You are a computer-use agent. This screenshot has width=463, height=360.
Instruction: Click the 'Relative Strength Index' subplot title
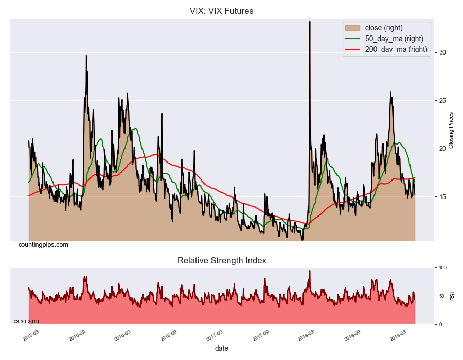tap(222, 260)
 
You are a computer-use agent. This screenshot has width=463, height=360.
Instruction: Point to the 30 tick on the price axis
tap(442, 52)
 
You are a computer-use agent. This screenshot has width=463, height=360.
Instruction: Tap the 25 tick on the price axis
tap(442, 101)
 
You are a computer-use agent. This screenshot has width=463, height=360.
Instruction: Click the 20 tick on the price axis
tap(442, 149)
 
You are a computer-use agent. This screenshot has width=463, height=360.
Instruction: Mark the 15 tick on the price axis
tap(442, 197)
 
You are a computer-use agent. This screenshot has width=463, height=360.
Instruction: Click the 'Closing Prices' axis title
tap(451, 130)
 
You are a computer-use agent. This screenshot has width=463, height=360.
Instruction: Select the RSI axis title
tap(452, 296)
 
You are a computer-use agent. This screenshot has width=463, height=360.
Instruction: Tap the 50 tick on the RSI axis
tap(441, 296)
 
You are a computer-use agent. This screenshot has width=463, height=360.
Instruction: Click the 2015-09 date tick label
tap(77, 336)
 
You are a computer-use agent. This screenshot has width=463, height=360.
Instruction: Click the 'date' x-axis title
tap(222, 348)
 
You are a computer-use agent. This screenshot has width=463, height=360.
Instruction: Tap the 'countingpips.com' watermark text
tap(43, 245)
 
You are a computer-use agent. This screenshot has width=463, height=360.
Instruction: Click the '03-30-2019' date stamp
tap(26, 322)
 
